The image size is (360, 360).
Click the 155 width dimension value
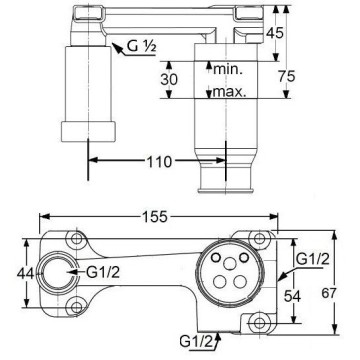point(155,217)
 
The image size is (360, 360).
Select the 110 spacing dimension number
point(159,162)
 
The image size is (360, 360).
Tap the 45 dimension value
point(275,33)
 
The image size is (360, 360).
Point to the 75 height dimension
point(286,77)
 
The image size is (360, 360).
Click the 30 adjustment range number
point(169,80)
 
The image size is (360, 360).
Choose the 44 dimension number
point(26,274)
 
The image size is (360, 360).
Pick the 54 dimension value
point(292,296)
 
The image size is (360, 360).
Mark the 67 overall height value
point(329,293)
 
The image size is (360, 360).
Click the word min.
point(228,69)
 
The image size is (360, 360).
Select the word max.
point(230,91)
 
